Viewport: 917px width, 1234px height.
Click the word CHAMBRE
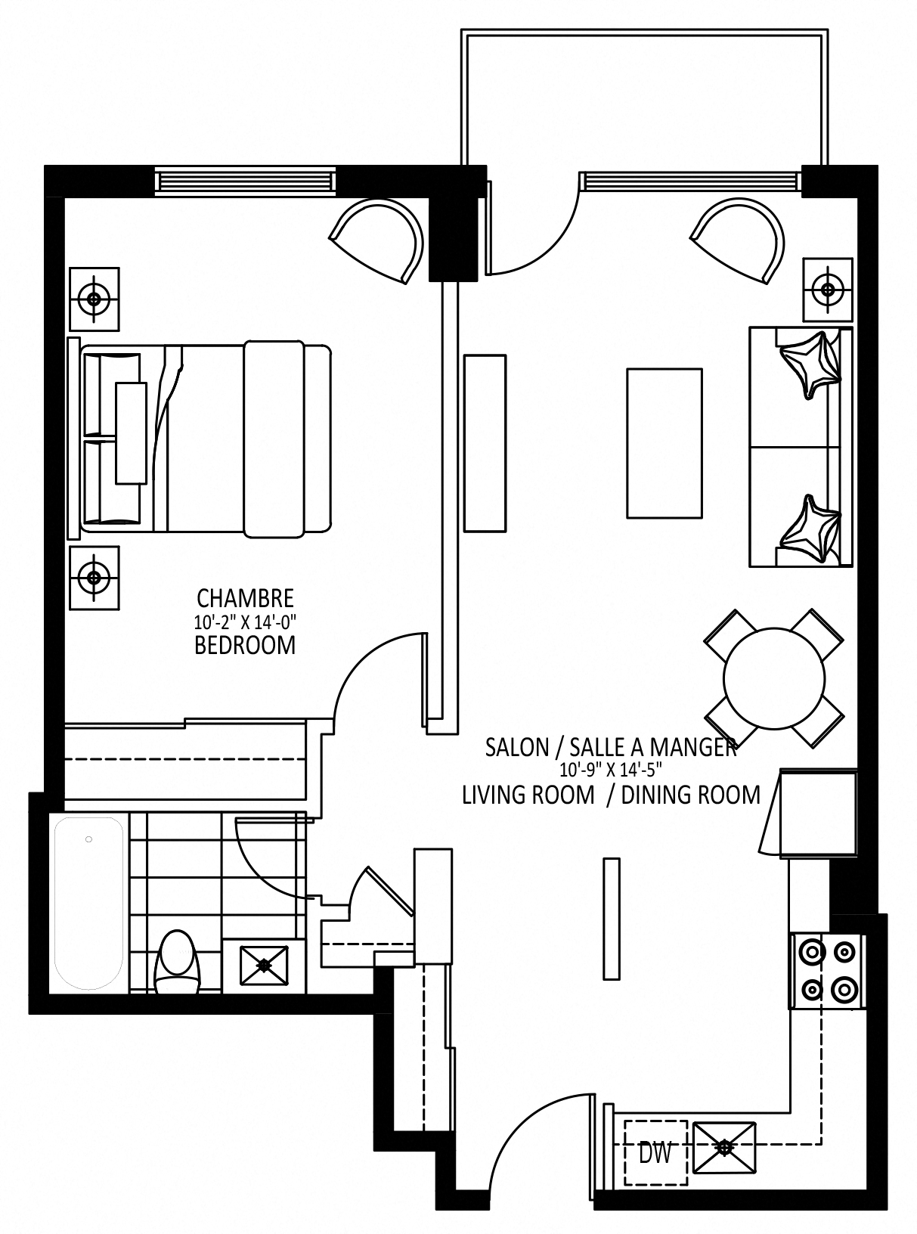pos(245,599)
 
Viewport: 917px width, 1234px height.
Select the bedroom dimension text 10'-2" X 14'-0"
pos(245,622)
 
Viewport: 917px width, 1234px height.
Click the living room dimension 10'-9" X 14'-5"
pos(611,770)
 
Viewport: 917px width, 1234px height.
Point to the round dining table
pos(774,678)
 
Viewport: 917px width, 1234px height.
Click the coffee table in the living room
pos(664,443)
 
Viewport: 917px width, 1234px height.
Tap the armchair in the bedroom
pos(376,241)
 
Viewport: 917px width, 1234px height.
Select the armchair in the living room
pos(738,241)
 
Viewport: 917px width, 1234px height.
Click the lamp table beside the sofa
pos(828,290)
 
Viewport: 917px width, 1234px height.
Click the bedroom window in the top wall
pos(246,181)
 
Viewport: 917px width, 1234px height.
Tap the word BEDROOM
pos(245,646)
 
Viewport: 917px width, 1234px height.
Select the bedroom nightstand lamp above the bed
pos(94,299)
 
